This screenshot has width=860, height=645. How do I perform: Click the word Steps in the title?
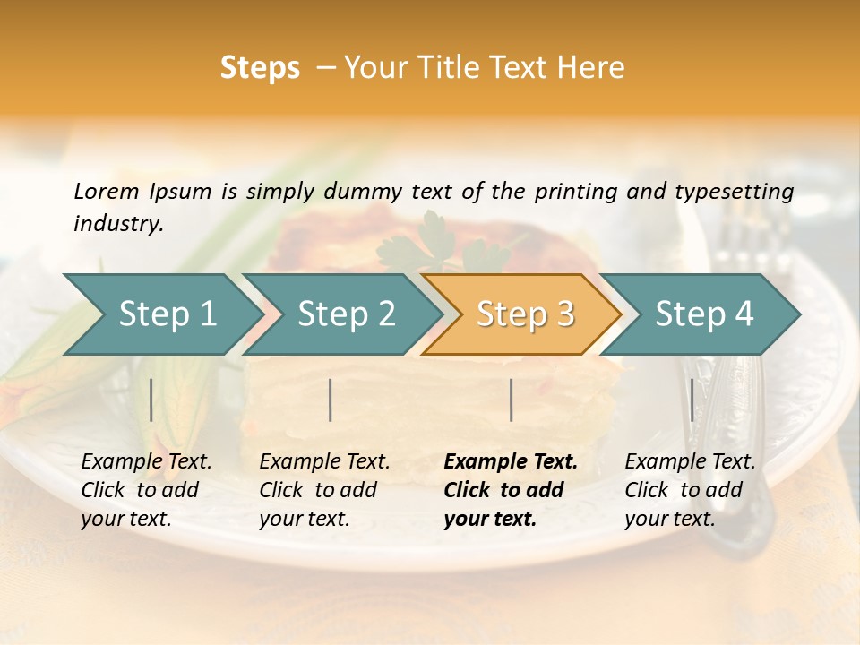(x=260, y=68)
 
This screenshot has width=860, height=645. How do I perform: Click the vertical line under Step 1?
(x=151, y=400)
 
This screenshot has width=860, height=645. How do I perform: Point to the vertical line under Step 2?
(x=331, y=400)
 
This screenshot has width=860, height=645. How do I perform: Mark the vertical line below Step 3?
(x=511, y=400)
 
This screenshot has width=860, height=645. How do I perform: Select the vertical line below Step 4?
(x=692, y=400)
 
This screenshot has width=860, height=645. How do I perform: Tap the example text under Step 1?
(x=146, y=490)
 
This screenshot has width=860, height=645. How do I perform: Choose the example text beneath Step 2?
(x=324, y=490)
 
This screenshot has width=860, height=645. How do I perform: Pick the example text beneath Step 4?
(x=690, y=490)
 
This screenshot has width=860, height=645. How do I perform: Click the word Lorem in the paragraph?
(x=107, y=191)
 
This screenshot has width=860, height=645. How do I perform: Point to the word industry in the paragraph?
(x=117, y=224)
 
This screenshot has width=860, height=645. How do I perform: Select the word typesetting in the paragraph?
(x=740, y=191)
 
